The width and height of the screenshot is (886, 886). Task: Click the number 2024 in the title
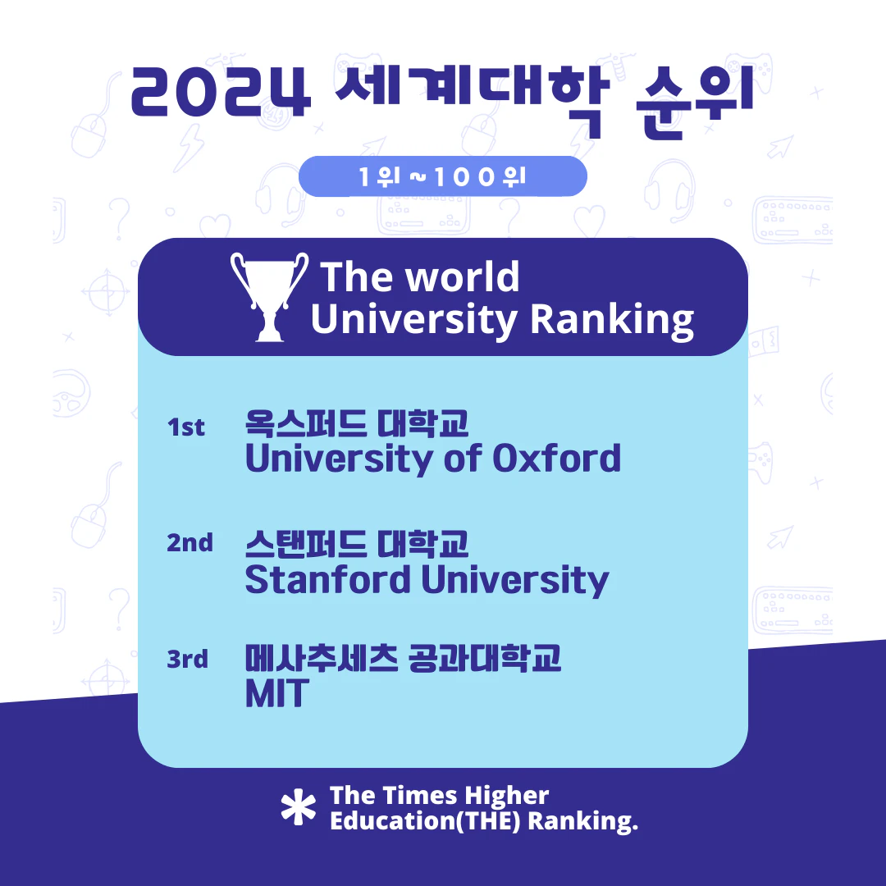point(221,92)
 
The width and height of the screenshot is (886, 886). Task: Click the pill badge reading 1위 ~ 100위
point(442,176)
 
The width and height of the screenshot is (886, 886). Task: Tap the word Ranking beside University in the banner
point(612,321)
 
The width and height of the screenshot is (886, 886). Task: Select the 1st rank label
point(186,427)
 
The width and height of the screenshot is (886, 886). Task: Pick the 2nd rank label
point(190,543)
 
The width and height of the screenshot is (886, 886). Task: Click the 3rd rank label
point(188,659)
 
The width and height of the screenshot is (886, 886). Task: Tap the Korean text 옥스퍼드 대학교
point(357,424)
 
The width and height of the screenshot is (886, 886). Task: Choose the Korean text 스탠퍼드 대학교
point(357,544)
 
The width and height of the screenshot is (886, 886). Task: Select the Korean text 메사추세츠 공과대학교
point(403,659)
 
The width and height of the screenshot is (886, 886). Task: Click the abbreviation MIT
point(275,694)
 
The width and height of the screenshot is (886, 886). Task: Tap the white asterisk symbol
point(298,807)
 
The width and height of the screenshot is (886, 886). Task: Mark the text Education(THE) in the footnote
point(425,821)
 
